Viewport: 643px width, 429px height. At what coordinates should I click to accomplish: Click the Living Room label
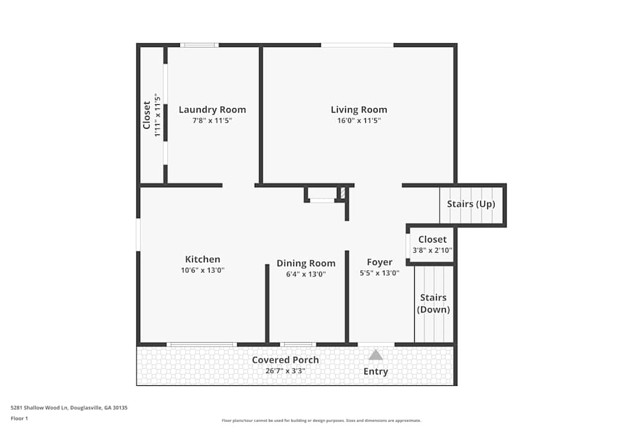coord(359,109)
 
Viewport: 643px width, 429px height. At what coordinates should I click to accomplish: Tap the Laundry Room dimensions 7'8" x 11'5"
coord(212,120)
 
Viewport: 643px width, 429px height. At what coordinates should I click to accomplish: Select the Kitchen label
coord(203,259)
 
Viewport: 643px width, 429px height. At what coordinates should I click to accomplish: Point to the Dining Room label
coord(306,263)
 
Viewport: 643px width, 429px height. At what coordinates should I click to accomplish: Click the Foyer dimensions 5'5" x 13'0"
coord(379,273)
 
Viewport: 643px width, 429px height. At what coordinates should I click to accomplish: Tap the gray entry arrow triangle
coord(376,355)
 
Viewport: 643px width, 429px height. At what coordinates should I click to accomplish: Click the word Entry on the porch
coord(376,371)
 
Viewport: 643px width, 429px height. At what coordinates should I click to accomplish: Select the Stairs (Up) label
coord(471,204)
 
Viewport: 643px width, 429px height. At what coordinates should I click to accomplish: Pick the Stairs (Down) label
coord(433,304)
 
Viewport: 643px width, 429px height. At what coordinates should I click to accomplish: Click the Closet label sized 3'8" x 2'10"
coord(432,239)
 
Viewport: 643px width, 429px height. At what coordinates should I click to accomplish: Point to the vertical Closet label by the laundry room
coord(147,114)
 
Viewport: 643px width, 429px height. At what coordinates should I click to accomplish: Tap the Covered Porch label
coord(285,360)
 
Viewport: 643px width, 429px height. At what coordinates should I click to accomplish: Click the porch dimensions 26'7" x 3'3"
coord(285,370)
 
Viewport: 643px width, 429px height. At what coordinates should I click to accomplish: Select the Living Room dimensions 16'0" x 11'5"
coord(359,120)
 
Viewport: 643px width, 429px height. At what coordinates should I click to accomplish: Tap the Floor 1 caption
coord(19,418)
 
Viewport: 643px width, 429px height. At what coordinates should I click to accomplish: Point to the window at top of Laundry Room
coord(199,45)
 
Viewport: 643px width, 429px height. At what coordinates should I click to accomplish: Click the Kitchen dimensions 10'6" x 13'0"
coord(203,270)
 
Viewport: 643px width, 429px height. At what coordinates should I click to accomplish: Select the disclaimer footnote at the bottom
coord(321,420)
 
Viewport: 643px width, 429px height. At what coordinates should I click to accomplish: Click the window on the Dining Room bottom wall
coord(298,345)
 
